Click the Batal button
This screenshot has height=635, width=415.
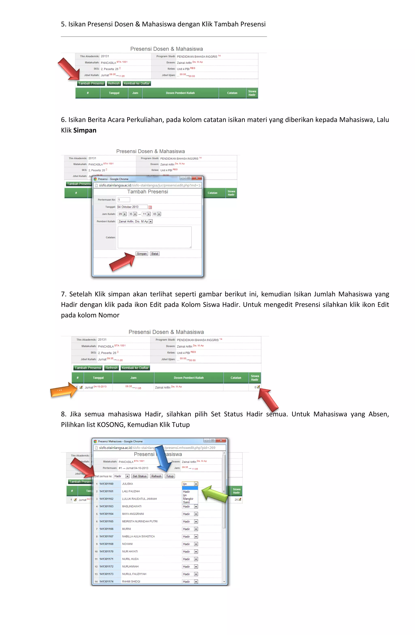tap(155, 254)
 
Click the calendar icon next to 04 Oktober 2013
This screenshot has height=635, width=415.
tap(150, 207)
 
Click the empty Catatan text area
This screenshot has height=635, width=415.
tap(154, 237)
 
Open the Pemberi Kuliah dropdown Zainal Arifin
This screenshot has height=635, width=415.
tap(135, 222)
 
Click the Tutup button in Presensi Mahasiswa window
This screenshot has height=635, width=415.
tap(170, 476)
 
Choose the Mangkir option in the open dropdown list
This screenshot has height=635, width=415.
tap(188, 499)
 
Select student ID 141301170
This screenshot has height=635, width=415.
tap(106, 551)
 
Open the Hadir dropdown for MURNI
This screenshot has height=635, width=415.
tap(190, 529)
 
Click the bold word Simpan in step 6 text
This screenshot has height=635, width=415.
tap(85, 130)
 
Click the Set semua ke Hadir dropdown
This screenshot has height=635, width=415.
tap(121, 476)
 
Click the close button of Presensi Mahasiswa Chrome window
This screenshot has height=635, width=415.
tap(221, 440)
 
